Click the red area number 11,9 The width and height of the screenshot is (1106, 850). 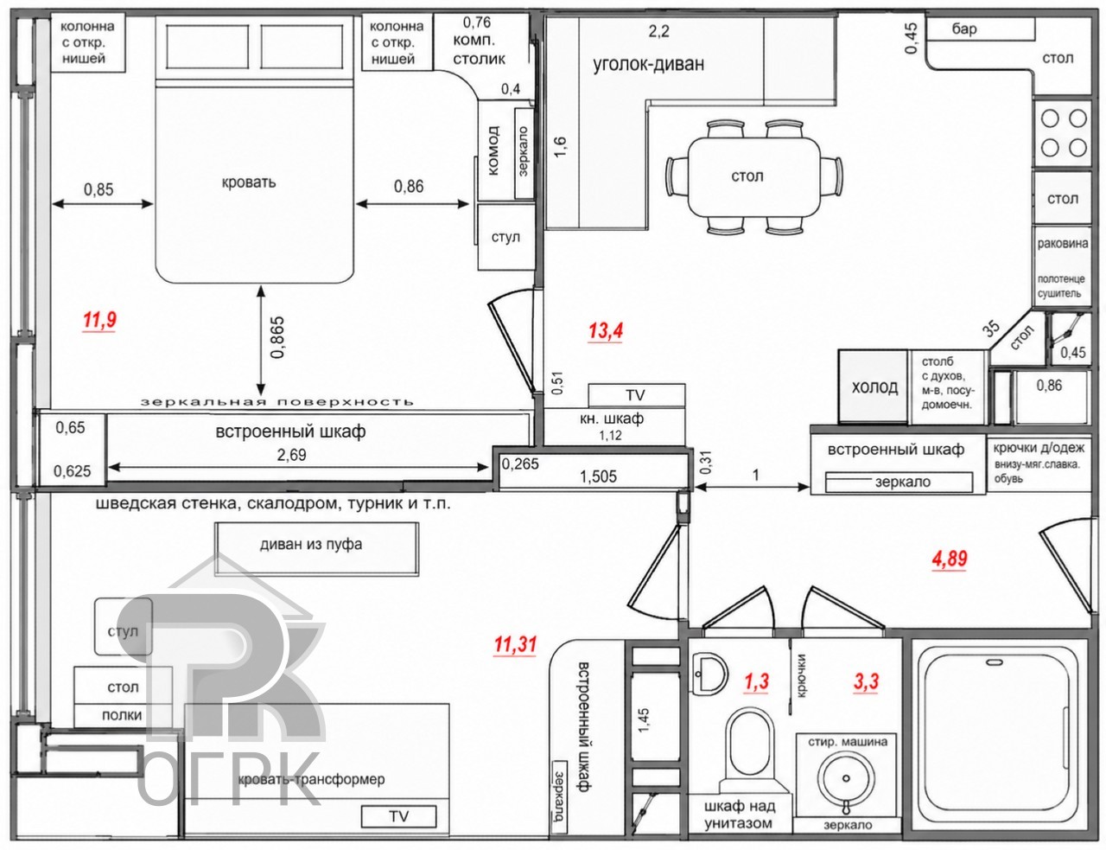tap(99, 320)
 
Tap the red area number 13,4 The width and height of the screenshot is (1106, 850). tap(606, 331)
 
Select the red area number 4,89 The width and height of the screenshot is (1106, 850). tap(950, 559)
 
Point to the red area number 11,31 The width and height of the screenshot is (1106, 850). tap(515, 644)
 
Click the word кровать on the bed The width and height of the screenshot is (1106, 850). tap(248, 182)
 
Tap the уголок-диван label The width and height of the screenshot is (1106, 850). tap(648, 65)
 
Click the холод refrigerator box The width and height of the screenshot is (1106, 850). tap(873, 387)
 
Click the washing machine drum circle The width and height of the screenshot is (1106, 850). tap(845, 777)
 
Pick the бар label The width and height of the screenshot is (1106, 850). tap(964, 29)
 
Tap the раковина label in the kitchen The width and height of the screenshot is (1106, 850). tap(1063, 244)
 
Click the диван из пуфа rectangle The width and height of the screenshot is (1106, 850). tap(316, 548)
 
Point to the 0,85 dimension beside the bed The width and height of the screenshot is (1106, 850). tap(99, 189)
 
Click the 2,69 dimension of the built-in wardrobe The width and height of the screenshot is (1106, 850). tap(292, 454)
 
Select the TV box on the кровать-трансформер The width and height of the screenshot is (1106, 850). tap(398, 816)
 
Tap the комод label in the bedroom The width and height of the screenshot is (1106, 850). tap(493, 150)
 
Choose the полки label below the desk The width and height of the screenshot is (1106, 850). tap(122, 716)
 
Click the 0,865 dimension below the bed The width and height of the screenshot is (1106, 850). tap(277, 337)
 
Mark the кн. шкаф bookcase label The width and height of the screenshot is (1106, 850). tap(612, 419)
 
